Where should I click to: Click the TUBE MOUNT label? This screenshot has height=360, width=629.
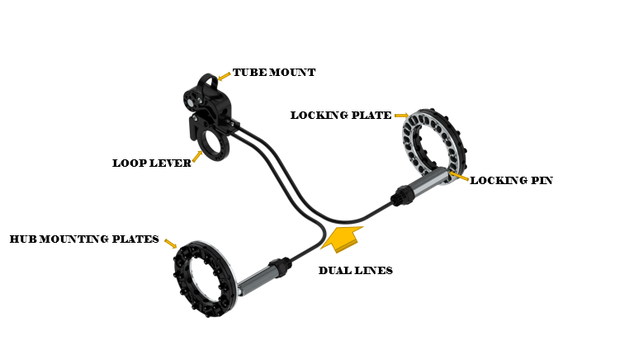pos(274,73)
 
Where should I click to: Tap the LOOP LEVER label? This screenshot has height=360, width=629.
pos(152,163)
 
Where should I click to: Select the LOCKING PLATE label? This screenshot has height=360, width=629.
pos(341,116)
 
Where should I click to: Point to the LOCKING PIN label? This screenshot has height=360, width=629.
pos(512,181)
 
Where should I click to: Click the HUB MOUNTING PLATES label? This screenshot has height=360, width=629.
pos(84,239)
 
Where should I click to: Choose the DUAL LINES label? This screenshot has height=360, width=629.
pos(356,271)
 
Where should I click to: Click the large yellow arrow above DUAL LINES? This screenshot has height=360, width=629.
pos(342,239)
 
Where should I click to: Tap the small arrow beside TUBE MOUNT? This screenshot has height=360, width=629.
pos(224,76)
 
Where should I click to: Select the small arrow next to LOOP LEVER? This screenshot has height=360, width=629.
pos(197,156)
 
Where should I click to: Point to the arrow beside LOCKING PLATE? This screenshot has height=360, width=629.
pos(401,116)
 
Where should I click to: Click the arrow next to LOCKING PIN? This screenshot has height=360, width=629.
pos(458,175)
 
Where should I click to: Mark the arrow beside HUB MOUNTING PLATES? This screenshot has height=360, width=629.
pos(171,244)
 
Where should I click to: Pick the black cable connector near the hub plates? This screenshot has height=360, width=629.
pos(279,267)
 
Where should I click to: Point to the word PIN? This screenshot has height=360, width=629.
pos(542,181)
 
